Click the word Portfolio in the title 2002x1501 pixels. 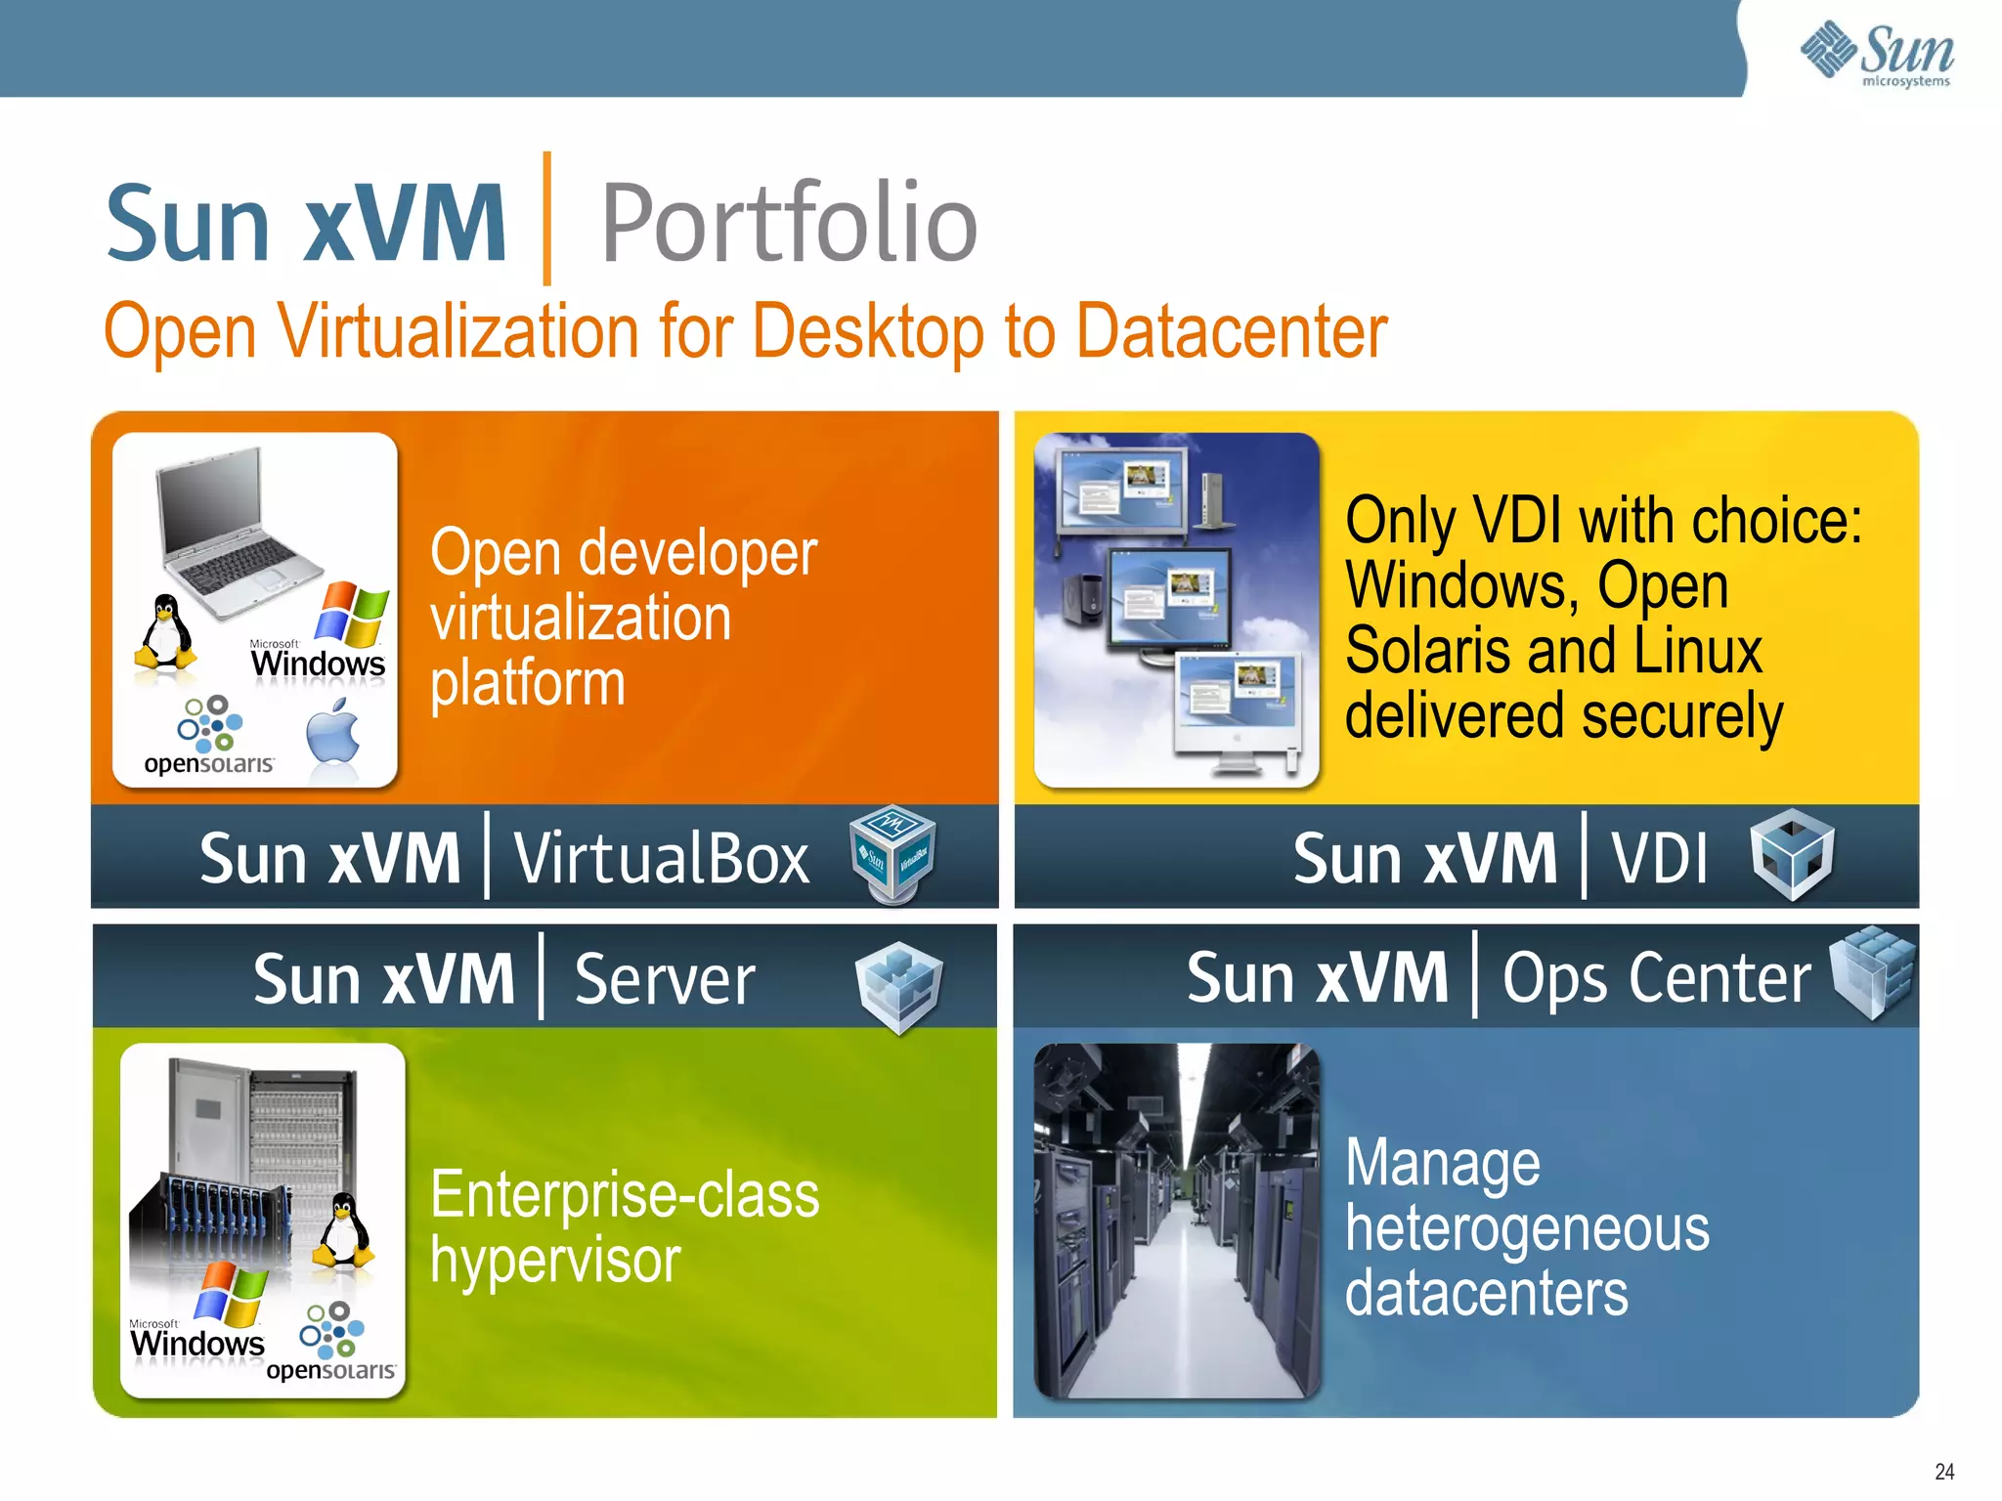tap(789, 225)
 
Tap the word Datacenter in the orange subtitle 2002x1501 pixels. tap(1231, 332)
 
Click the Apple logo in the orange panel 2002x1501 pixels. tap(333, 733)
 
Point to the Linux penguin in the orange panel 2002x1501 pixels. tap(165, 633)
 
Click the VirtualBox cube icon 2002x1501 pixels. tap(892, 853)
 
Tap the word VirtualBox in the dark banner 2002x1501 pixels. tap(662, 859)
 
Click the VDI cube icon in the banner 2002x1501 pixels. tap(1792, 853)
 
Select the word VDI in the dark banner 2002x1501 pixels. tap(1660, 859)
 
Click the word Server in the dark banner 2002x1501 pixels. tap(665, 979)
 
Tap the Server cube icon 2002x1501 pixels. tap(898, 985)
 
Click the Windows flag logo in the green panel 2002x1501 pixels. tap(231, 1293)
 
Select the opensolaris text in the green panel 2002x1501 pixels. tap(330, 1370)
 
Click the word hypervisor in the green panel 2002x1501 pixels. tap(555, 1262)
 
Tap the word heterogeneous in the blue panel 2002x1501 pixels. tap(1527, 1229)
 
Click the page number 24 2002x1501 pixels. tap(1944, 1472)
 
